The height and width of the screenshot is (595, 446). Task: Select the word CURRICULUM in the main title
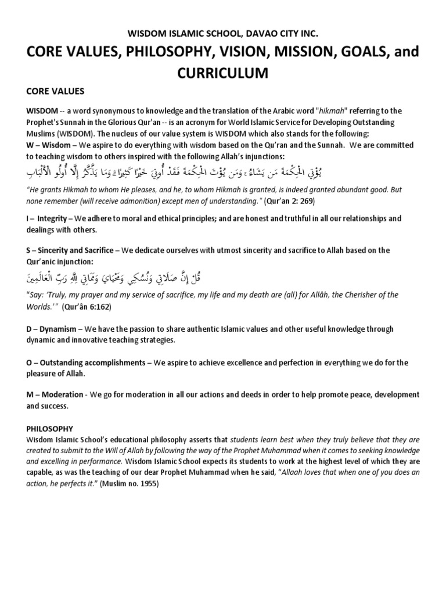click(x=223, y=73)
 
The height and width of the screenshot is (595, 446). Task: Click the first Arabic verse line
click(x=222, y=172)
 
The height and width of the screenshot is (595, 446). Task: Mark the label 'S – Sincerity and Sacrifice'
click(x=73, y=250)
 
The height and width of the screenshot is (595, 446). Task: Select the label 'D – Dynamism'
click(x=51, y=329)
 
